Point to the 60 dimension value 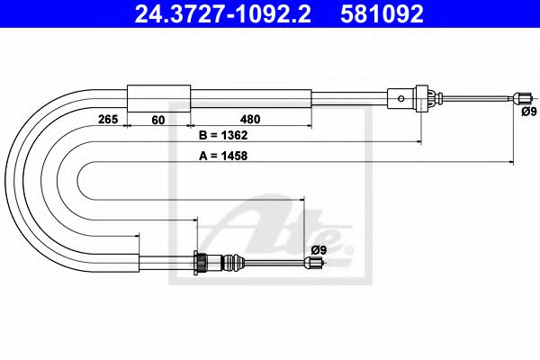pyautogui.click(x=158, y=118)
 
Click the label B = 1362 pyautogui.click(x=222, y=136)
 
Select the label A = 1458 pyautogui.click(x=222, y=155)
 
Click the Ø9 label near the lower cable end pyautogui.click(x=318, y=249)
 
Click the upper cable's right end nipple pyautogui.click(x=519, y=98)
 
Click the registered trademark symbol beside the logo pyautogui.click(x=349, y=249)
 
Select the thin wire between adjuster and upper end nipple pyautogui.click(x=477, y=97)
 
